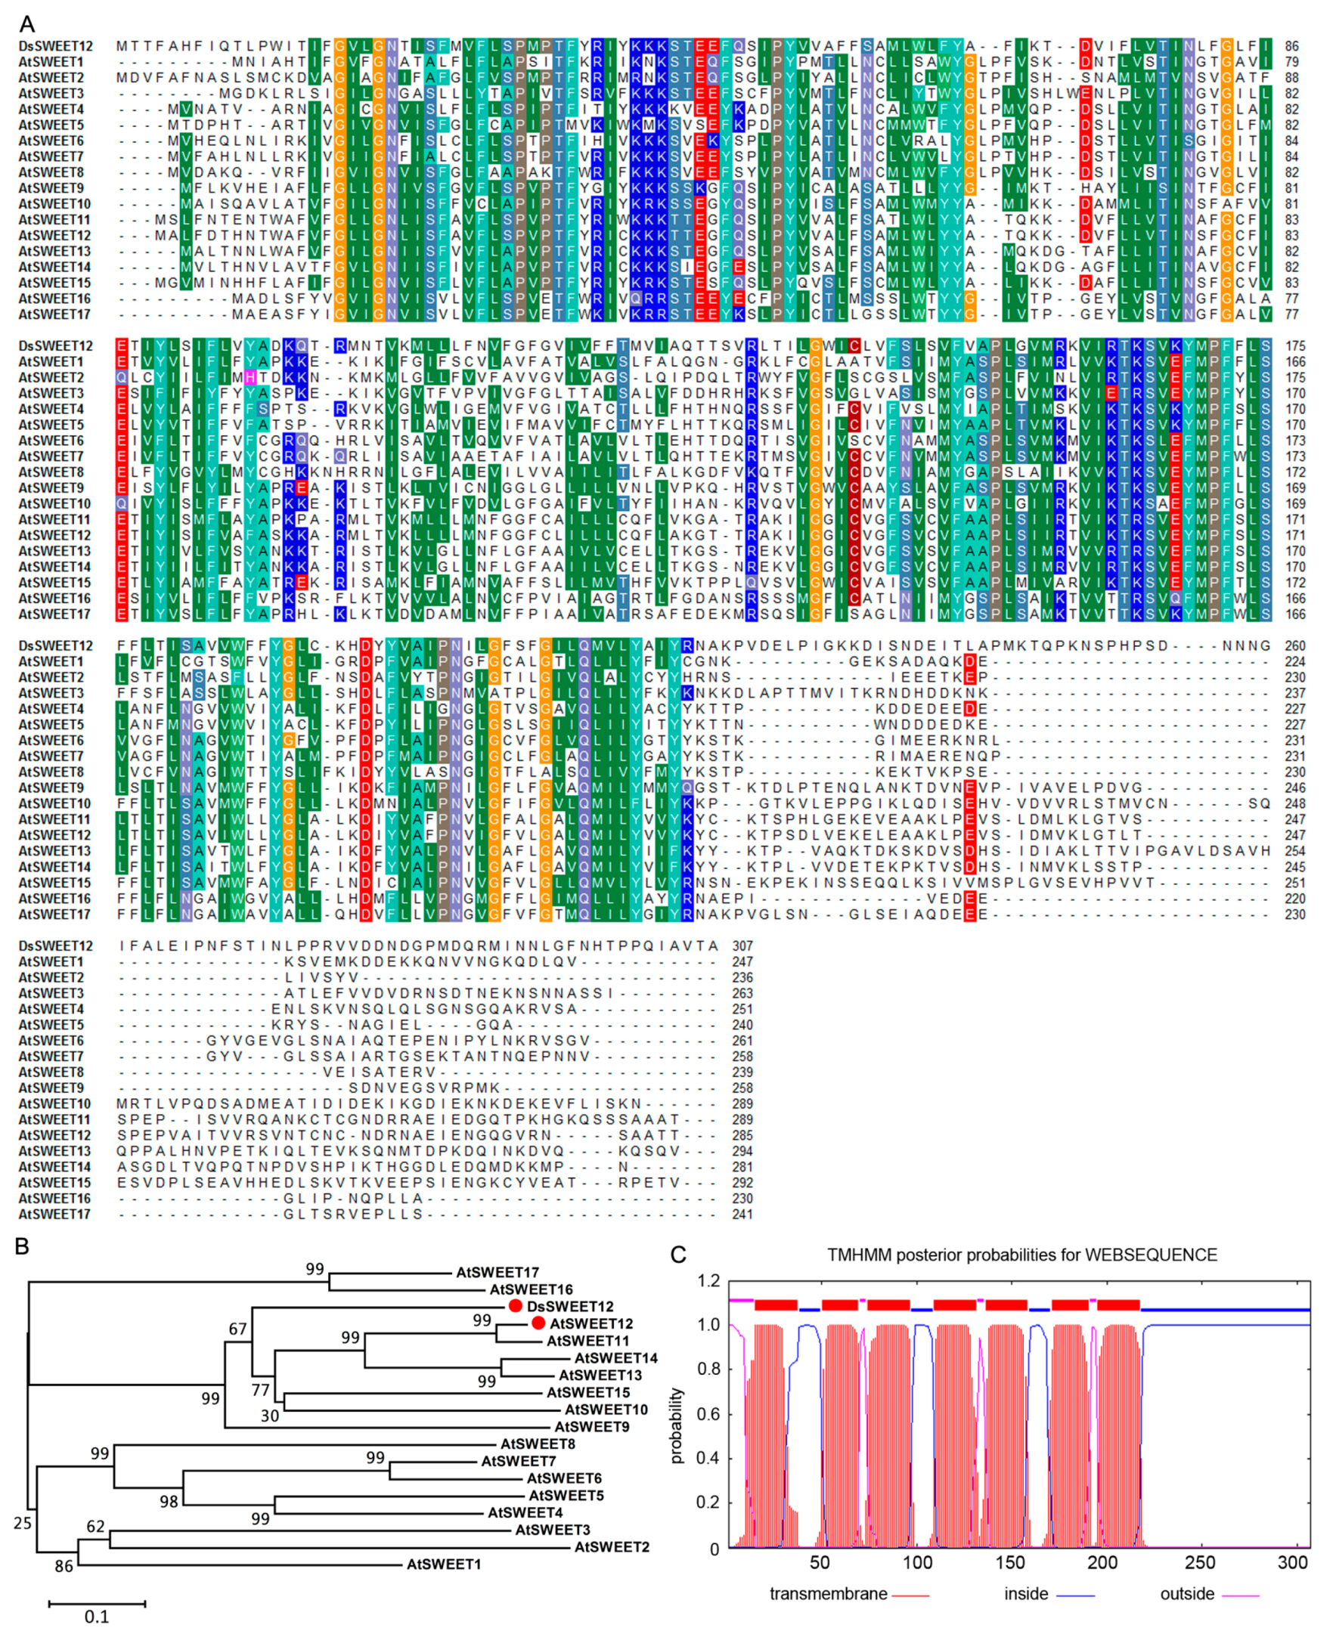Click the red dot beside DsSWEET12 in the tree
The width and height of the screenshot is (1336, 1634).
(516, 1306)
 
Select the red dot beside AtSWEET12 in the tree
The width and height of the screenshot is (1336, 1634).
(538, 1323)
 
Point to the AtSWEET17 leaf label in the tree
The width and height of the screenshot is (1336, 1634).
(498, 1273)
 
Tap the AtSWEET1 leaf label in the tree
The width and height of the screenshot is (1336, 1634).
(443, 1564)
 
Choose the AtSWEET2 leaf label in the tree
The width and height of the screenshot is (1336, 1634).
(612, 1547)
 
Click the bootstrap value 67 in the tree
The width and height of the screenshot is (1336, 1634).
(238, 1329)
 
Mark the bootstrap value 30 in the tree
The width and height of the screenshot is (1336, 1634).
(269, 1416)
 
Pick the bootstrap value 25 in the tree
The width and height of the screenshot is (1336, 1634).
(23, 1522)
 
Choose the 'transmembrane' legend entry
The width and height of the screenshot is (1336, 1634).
(828, 1594)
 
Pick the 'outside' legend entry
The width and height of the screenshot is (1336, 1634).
(1187, 1594)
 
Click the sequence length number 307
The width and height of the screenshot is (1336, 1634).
(742, 946)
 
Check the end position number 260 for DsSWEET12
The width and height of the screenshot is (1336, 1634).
(1295, 646)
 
